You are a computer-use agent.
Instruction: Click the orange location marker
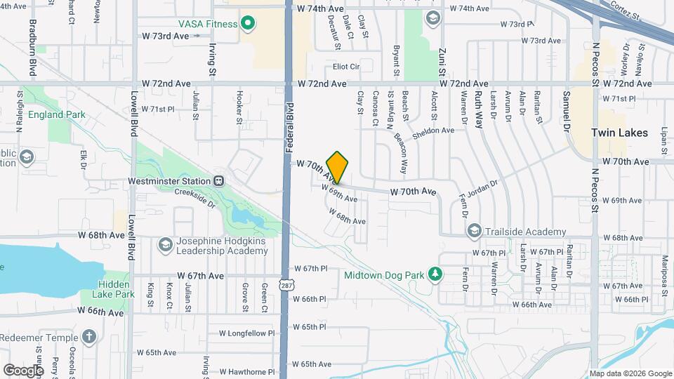click(x=337, y=167)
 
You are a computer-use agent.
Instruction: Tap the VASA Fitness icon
click(x=247, y=24)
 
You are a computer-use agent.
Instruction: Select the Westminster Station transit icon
click(x=219, y=181)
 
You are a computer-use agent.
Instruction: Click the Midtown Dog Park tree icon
click(x=435, y=274)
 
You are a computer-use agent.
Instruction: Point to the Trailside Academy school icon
click(x=474, y=232)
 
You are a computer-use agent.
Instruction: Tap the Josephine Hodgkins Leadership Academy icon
click(x=166, y=244)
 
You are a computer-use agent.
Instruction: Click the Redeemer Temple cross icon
click(x=88, y=337)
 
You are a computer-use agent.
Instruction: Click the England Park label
click(x=56, y=114)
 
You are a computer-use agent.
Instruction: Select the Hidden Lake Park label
click(x=116, y=289)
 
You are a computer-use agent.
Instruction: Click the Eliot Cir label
click(x=346, y=67)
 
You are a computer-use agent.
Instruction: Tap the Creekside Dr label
click(x=194, y=194)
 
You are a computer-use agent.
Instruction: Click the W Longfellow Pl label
click(x=315, y=327)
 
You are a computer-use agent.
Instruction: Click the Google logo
click(x=24, y=370)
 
